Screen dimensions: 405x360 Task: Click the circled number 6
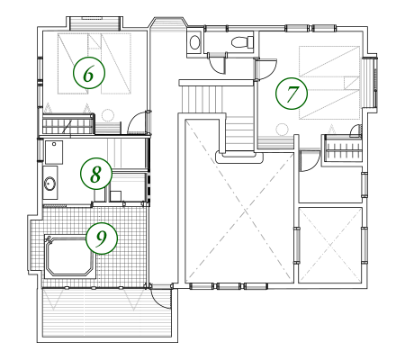point(89,73)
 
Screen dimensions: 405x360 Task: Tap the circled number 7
point(292,93)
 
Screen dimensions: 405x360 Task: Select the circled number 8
point(96,174)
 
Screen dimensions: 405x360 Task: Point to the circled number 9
point(102,238)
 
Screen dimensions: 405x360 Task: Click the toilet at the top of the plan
point(242,41)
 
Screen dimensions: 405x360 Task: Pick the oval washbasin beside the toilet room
point(195,42)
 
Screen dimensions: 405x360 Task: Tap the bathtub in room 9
point(70,256)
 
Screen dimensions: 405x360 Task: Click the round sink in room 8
point(49,184)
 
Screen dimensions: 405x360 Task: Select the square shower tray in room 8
point(54,152)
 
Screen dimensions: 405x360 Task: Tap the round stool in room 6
point(107,115)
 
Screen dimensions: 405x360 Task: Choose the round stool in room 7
point(282,130)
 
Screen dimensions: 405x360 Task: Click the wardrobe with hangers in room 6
point(68,123)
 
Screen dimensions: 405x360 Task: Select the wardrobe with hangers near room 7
point(344,148)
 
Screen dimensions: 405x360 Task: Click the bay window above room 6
point(94,23)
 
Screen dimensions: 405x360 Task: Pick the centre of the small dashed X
point(330,245)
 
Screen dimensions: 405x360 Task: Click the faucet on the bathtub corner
point(49,239)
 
